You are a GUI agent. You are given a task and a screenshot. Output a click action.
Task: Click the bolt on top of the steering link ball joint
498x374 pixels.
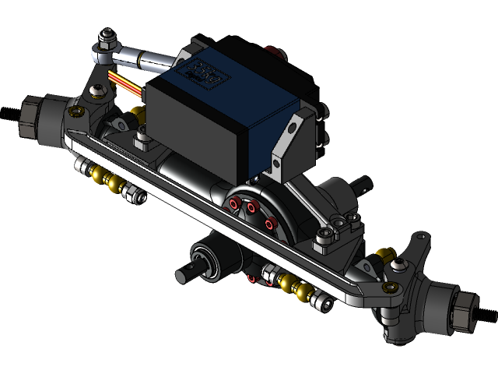106,36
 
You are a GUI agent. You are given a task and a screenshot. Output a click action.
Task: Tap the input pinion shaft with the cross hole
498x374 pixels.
187,274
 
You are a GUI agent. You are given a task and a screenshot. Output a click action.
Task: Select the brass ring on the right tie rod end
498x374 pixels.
381,254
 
